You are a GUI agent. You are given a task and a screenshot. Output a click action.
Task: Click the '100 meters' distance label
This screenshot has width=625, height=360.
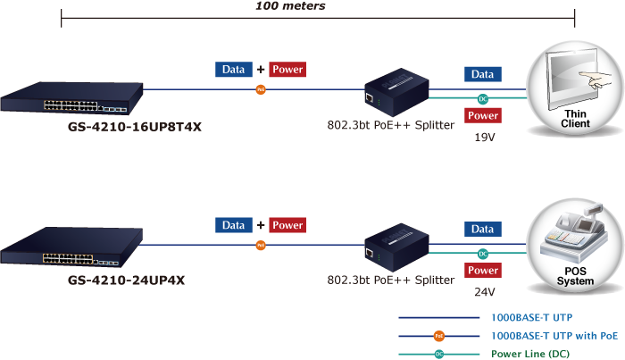pyautogui.click(x=290, y=6)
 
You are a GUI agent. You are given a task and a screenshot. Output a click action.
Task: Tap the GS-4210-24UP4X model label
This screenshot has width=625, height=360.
pyautogui.click(x=127, y=280)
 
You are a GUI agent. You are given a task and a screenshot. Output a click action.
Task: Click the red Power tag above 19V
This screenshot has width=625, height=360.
pyautogui.click(x=483, y=115)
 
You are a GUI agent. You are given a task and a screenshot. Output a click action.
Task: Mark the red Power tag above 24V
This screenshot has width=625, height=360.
pyautogui.click(x=483, y=270)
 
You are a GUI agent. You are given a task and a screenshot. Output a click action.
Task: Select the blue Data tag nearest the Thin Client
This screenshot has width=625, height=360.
pyautogui.click(x=482, y=74)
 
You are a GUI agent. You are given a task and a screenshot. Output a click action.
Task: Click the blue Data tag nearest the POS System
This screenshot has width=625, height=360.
pyautogui.click(x=482, y=230)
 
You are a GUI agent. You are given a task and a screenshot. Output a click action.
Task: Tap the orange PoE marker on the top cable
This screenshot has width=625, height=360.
pyautogui.click(x=261, y=89)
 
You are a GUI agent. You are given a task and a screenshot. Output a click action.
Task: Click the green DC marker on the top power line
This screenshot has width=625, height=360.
pyautogui.click(x=483, y=98)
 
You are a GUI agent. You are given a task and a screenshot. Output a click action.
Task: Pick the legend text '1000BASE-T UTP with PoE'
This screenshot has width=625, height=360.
pyautogui.click(x=554, y=336)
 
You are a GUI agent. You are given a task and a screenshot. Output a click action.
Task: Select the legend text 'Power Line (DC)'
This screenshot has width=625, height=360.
pyautogui.click(x=532, y=354)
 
